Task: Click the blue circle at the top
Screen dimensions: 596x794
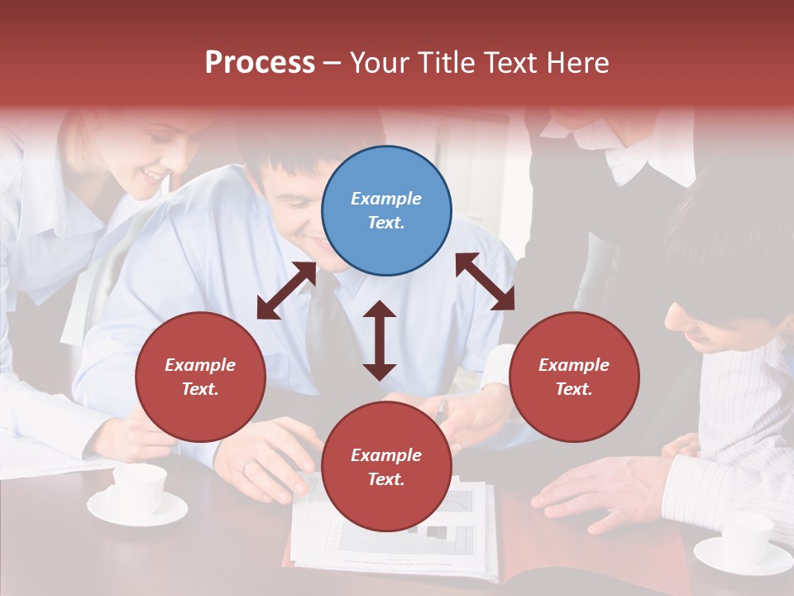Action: pyautogui.click(x=386, y=211)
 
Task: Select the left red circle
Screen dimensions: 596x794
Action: pyautogui.click(x=200, y=377)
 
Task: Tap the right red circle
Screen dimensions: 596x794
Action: pyautogui.click(x=574, y=377)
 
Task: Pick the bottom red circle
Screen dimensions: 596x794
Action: pyautogui.click(x=386, y=467)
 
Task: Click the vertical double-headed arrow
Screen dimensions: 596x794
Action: pyautogui.click(x=380, y=340)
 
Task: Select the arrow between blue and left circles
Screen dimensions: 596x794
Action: pyautogui.click(x=286, y=291)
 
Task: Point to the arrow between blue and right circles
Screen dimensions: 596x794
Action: pyautogui.click(x=485, y=281)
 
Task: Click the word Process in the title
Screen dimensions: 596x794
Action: pyautogui.click(x=260, y=63)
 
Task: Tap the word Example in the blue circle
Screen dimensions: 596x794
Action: pyautogui.click(x=386, y=199)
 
